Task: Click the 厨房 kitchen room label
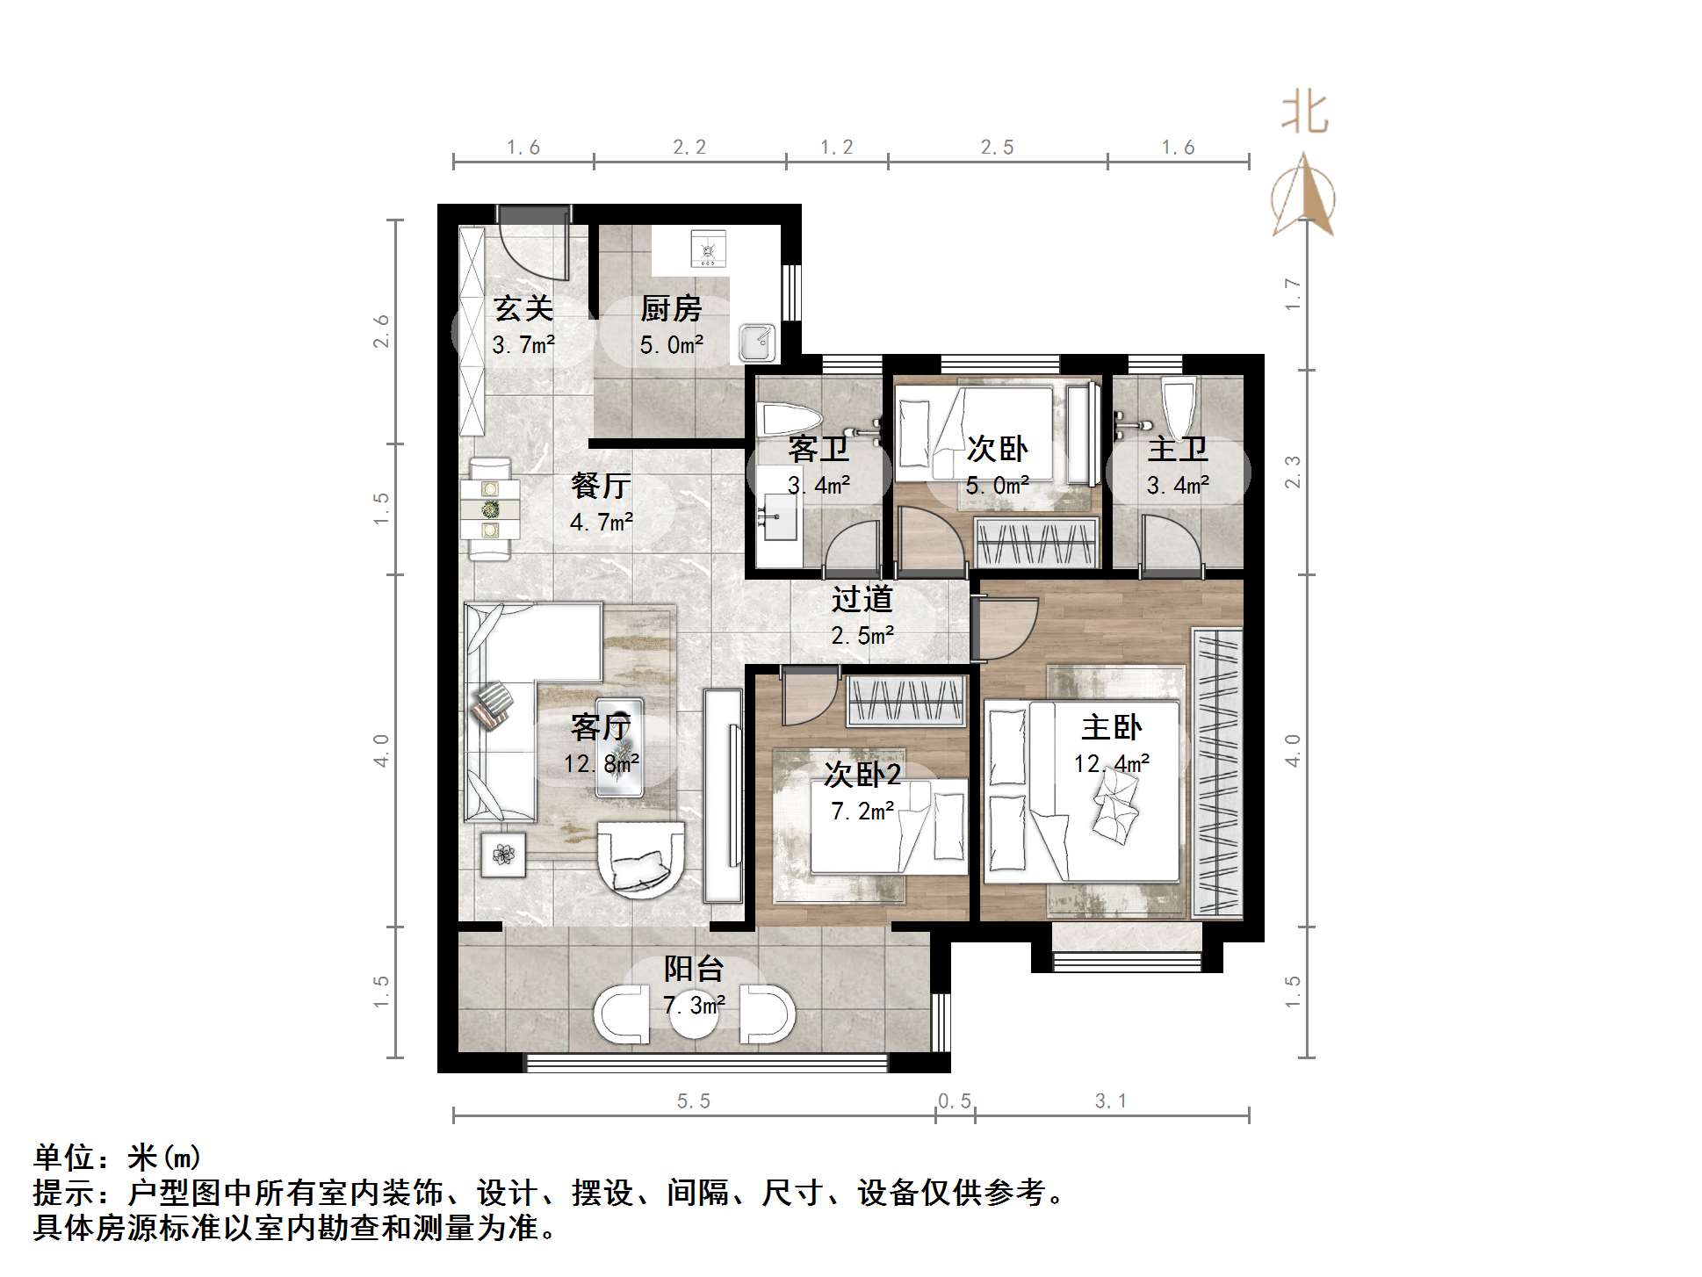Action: click(671, 309)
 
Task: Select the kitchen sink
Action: click(757, 343)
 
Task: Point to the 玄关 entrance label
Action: click(523, 309)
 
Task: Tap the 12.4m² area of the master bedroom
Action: click(1111, 763)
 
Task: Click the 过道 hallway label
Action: click(862, 599)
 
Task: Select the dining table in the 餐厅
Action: click(490, 509)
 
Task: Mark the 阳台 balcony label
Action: click(694, 969)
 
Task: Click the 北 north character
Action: click(1305, 114)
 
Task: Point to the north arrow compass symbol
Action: click(1304, 197)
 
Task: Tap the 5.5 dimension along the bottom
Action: click(693, 1101)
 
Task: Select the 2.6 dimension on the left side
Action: click(381, 331)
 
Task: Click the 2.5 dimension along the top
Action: click(997, 148)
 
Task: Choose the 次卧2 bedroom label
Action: click(862, 775)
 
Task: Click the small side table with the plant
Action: click(504, 855)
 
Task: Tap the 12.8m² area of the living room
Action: click(601, 763)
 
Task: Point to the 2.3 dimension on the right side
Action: click(1292, 473)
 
